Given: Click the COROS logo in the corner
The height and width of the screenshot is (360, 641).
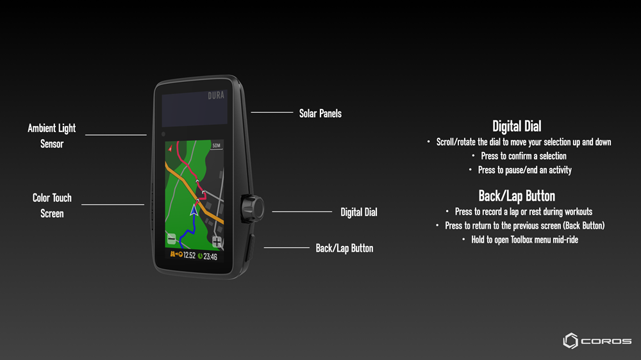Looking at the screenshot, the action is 597,341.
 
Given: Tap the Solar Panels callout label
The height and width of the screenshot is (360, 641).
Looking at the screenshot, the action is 320,113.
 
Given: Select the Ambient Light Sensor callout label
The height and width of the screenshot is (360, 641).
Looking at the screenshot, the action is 52,136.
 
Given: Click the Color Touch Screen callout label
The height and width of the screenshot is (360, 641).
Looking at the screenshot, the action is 52,206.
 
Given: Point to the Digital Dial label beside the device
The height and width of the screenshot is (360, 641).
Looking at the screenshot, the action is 358,212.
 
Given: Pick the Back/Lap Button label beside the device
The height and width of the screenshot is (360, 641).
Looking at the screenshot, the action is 344,248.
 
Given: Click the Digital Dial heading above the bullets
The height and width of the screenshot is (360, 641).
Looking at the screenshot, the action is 517,126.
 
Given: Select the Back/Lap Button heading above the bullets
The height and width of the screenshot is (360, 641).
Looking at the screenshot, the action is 517,196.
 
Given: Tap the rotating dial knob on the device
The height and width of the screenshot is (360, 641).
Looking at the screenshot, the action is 253,208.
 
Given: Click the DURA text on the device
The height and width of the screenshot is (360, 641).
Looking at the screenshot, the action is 216,95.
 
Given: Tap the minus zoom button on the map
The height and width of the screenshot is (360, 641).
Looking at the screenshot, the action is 172,239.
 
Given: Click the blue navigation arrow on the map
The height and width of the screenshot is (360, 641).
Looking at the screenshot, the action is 194,210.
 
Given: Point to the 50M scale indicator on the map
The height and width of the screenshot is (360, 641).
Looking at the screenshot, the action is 216,145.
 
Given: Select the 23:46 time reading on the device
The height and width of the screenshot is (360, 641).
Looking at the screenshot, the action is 210,257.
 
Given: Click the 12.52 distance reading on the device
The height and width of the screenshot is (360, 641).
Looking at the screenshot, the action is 189,256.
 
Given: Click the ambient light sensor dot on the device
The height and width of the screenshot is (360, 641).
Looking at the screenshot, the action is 163,134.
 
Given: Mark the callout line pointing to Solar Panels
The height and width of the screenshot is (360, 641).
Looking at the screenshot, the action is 272,112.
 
